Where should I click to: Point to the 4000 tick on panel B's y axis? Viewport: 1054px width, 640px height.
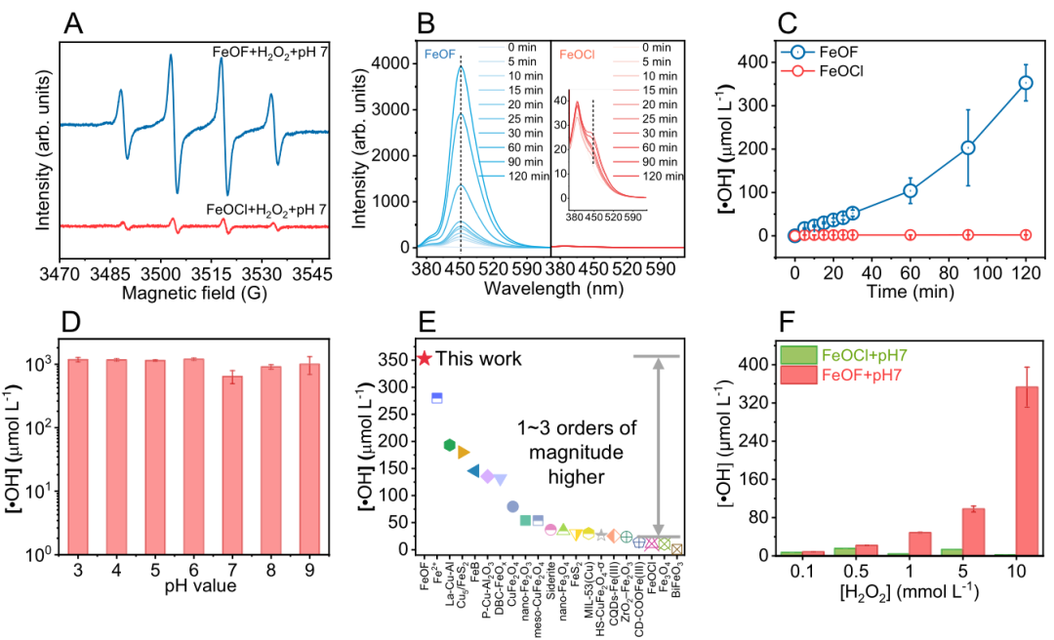click(x=393, y=63)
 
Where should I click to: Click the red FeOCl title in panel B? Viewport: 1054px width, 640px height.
click(x=577, y=46)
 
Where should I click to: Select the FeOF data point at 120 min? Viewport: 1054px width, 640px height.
click(x=1026, y=83)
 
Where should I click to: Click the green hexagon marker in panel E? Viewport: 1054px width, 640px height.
click(x=449, y=445)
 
